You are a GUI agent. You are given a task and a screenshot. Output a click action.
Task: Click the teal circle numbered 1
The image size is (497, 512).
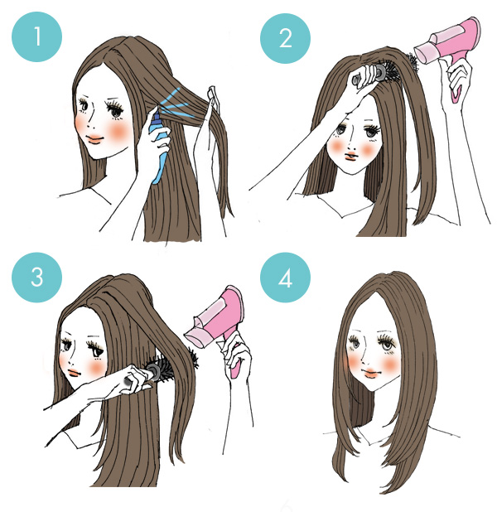(36, 36)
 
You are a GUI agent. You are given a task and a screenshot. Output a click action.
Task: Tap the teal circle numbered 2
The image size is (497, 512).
(285, 38)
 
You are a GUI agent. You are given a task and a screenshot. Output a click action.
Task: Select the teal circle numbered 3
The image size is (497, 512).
(36, 278)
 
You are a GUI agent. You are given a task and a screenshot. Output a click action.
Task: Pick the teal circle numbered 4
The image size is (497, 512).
(285, 278)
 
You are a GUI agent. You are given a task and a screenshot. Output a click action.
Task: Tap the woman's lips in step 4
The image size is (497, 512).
(370, 373)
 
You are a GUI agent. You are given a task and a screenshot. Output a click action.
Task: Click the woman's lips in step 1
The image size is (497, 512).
(94, 139)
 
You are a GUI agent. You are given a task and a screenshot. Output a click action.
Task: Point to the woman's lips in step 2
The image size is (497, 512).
(351, 156)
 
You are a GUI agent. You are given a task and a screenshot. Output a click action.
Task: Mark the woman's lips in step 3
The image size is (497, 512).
(74, 373)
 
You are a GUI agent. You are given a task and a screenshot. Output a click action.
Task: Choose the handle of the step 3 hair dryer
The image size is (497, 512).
(234, 361)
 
